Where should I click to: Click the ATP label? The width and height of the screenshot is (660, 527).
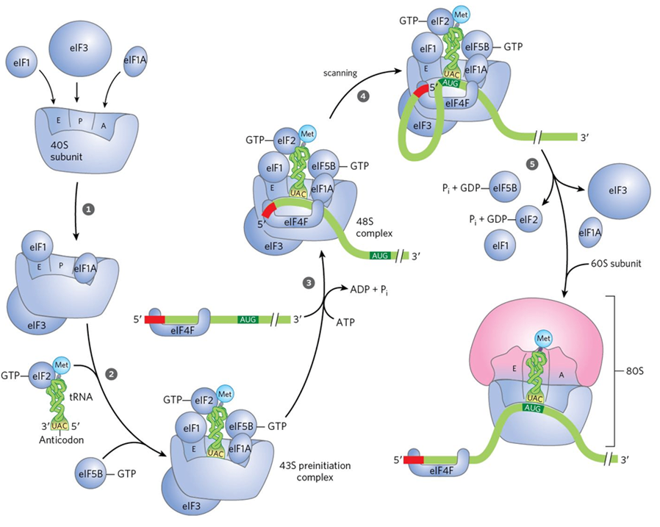tap(347, 322)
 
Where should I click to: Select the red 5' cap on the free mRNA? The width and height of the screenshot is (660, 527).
tap(154, 320)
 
